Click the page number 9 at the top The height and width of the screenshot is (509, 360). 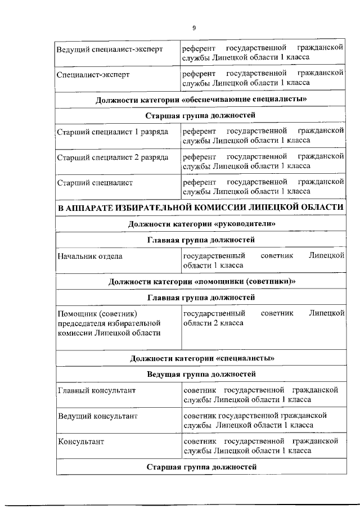coord(194,28)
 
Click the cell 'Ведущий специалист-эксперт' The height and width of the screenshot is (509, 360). coord(110,49)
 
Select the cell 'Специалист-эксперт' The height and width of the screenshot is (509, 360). coord(93,74)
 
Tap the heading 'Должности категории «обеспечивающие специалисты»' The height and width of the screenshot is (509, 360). coord(201,100)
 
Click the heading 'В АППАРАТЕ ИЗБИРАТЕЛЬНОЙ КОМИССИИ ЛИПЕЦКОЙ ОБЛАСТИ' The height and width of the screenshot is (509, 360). coord(201,207)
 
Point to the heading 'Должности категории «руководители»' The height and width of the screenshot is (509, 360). coord(201,224)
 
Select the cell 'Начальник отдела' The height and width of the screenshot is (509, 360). coord(90,256)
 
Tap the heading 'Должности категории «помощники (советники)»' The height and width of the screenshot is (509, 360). coord(201,281)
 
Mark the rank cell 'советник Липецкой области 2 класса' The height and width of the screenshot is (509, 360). coord(263,318)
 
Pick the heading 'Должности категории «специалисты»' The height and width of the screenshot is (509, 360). coord(201,358)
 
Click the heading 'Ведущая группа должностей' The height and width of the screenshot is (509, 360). coord(201,373)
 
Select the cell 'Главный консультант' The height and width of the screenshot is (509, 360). coord(97,390)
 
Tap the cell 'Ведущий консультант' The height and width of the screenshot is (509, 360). coord(98,416)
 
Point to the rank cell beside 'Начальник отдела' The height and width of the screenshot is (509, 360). coord(263,260)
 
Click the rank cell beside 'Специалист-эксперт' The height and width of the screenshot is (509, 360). coord(263,78)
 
